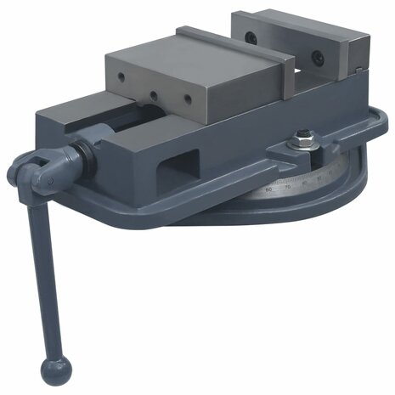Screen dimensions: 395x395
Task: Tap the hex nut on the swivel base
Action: tap(303, 136)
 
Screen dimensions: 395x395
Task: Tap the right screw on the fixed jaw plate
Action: tap(316, 58)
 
